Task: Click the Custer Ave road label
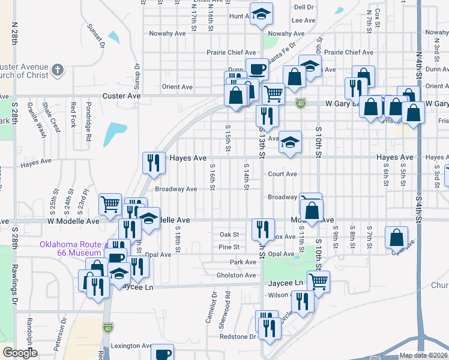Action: pyautogui.click(x=121, y=96)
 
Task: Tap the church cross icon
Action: pyautogui.click(x=58, y=70)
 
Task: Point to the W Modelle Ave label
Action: pyautogui.click(x=73, y=221)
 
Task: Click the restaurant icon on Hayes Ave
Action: pyautogui.click(x=154, y=162)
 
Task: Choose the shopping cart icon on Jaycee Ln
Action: pyautogui.click(x=318, y=280)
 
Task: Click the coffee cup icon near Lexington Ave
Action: pyautogui.click(x=161, y=353)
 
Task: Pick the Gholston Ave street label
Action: pyautogui.click(x=237, y=275)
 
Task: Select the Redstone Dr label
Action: pyautogui.click(x=238, y=337)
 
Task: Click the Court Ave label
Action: pyautogui.click(x=283, y=174)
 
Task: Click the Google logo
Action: pyautogui.click(x=20, y=353)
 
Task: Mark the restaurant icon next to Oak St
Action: pyautogui.click(x=263, y=228)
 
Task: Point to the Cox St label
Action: pyautogui.click(x=378, y=19)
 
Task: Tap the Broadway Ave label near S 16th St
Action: pyautogui.click(x=176, y=189)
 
